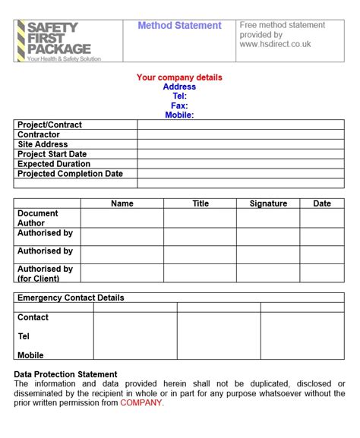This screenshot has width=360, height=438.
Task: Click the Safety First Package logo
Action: pos(58,40)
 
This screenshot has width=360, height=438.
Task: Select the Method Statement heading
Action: pos(179,26)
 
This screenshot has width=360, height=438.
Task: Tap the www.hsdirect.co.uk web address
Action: pos(275,44)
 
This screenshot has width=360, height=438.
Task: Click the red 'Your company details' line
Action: pos(179,77)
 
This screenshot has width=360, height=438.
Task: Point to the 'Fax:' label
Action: pos(179,106)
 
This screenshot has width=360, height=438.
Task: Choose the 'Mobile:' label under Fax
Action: pos(179,115)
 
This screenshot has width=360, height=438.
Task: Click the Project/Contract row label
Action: pos(49,124)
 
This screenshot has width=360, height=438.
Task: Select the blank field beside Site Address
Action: pos(240,144)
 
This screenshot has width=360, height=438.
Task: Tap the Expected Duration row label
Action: pos(54,164)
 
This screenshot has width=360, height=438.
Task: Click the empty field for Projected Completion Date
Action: pos(240,174)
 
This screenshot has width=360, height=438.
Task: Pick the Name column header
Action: pos(122,203)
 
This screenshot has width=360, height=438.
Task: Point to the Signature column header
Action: pos(268,203)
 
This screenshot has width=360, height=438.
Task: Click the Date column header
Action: pos(322,203)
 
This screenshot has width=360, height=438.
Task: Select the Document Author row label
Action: pos(38,218)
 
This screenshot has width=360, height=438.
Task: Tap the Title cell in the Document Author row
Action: pos(200,218)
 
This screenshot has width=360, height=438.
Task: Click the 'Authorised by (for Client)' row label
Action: pos(45,273)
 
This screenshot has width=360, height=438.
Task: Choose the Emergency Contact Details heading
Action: pos(71,298)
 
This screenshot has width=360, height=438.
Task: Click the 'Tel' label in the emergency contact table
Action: pos(24,336)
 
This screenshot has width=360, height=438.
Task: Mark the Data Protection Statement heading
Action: pos(65,374)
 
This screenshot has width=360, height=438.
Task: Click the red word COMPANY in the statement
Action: pos(141,403)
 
